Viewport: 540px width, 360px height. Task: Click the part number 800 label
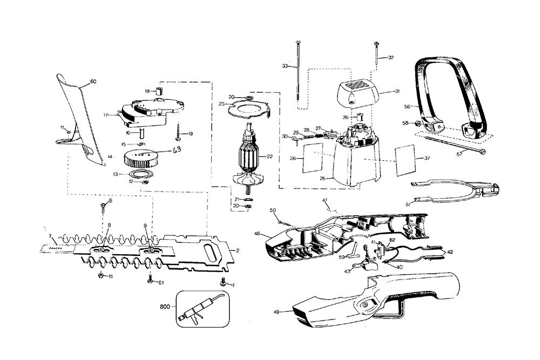tap(165, 307)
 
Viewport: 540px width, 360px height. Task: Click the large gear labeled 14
tap(140, 159)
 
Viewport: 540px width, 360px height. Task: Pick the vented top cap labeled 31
tap(356, 92)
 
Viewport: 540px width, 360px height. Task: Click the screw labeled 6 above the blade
tap(103, 206)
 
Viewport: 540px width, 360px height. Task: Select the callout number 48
tap(258, 233)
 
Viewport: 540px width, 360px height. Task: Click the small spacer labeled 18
tap(159, 90)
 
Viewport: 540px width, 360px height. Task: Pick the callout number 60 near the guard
tap(93, 81)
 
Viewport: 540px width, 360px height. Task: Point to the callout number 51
tap(408, 204)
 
